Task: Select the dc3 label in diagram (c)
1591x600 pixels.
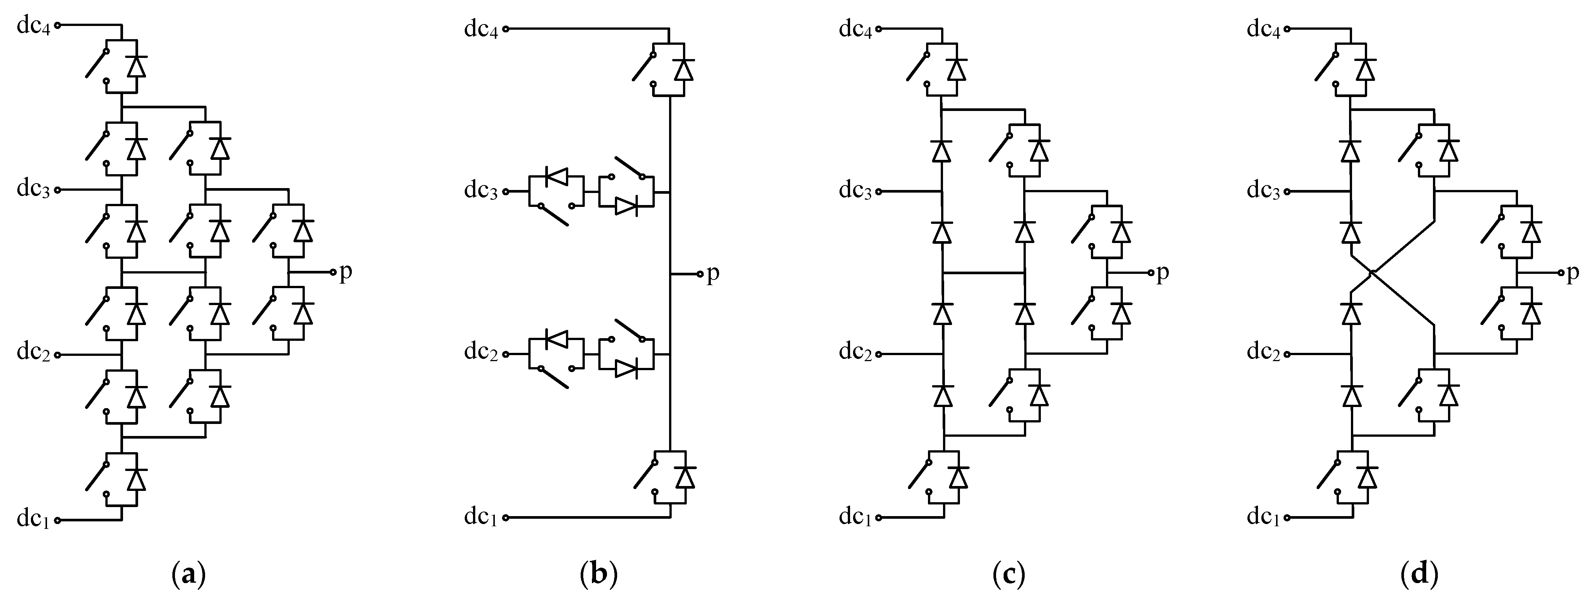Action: pos(855,191)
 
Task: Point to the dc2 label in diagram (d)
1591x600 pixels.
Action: pos(1264,353)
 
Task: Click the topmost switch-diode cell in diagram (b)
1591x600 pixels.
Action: pos(668,68)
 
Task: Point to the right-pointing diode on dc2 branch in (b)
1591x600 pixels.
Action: pos(626,369)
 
